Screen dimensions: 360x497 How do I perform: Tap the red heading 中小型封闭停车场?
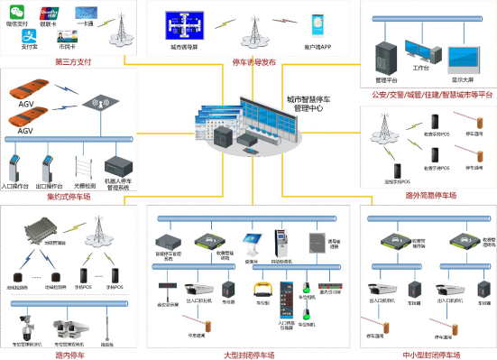click(x=430, y=354)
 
